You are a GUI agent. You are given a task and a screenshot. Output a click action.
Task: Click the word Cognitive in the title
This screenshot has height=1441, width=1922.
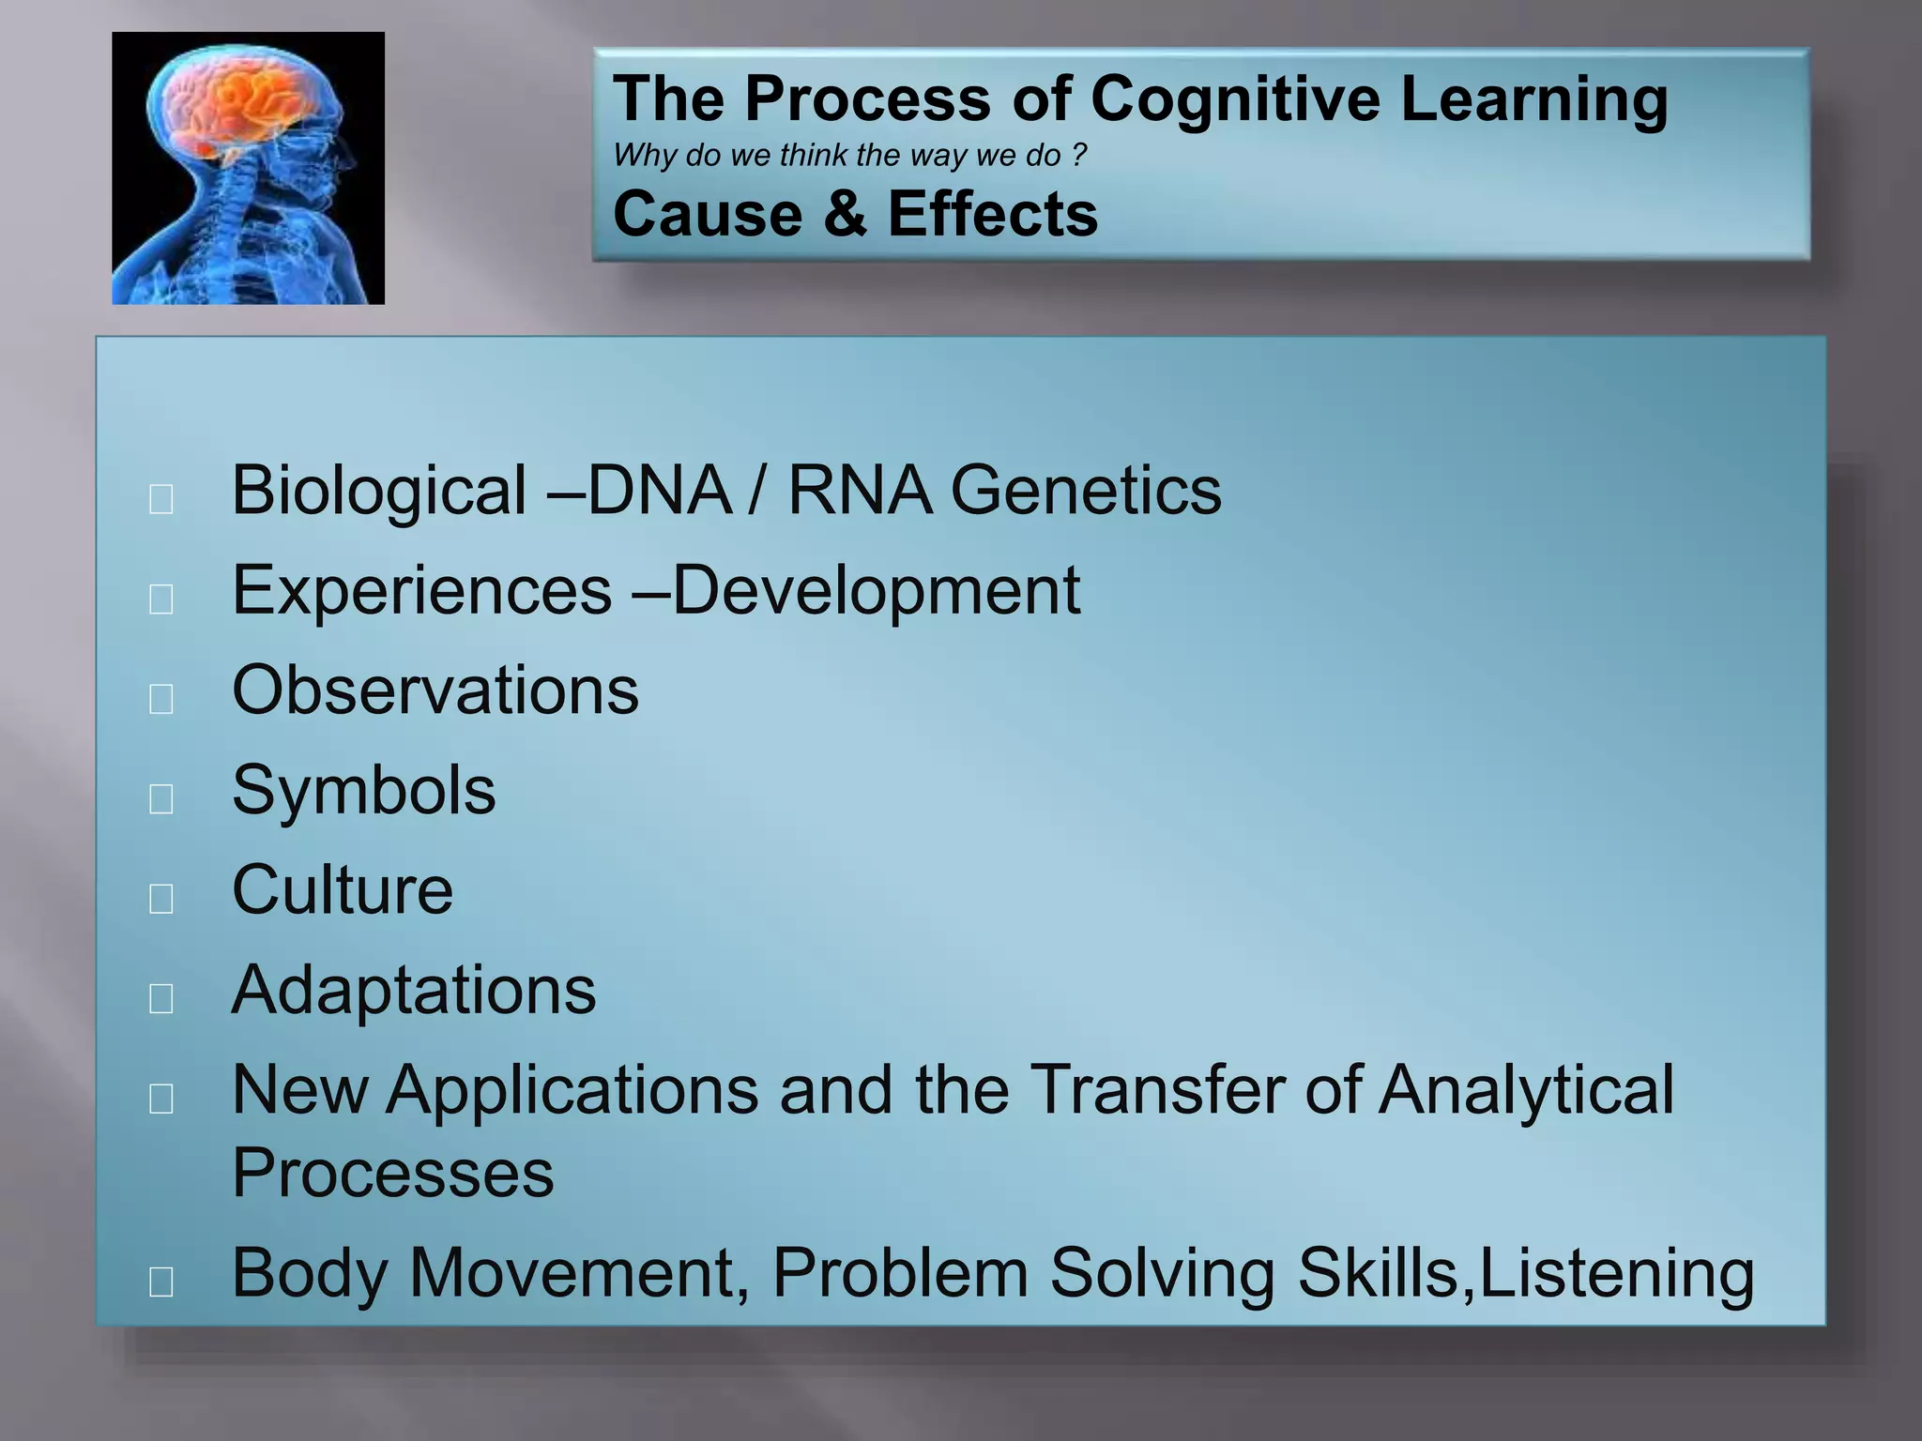coord(1235,99)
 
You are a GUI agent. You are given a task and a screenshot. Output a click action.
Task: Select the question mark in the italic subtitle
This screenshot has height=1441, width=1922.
coord(1078,155)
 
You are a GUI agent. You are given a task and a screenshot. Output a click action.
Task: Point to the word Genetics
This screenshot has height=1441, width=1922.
coord(1086,490)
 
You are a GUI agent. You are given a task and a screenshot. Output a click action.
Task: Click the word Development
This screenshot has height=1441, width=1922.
coord(876,591)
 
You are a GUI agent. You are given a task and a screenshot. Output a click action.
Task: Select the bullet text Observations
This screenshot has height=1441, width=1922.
coord(435,690)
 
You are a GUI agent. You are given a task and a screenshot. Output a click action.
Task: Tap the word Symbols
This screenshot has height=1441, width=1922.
coord(363,791)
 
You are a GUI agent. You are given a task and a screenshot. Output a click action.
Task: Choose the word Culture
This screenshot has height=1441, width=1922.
coord(343,890)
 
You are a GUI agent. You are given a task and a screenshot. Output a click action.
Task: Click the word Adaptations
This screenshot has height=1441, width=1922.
coord(414,991)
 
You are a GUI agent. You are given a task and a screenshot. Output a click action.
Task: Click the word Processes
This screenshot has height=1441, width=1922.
coord(393,1174)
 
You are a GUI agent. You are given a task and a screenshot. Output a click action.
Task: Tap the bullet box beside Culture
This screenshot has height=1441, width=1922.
coord(161,899)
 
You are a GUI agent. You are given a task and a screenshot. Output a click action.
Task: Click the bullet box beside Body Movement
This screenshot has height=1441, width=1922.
coord(161,1281)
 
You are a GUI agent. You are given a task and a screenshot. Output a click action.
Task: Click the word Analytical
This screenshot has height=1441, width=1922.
coord(1526,1090)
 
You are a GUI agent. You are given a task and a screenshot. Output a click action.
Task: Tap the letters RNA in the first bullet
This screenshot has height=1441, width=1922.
coord(860,490)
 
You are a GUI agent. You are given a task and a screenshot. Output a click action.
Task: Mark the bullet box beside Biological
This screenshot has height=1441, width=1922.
coord(161,499)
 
